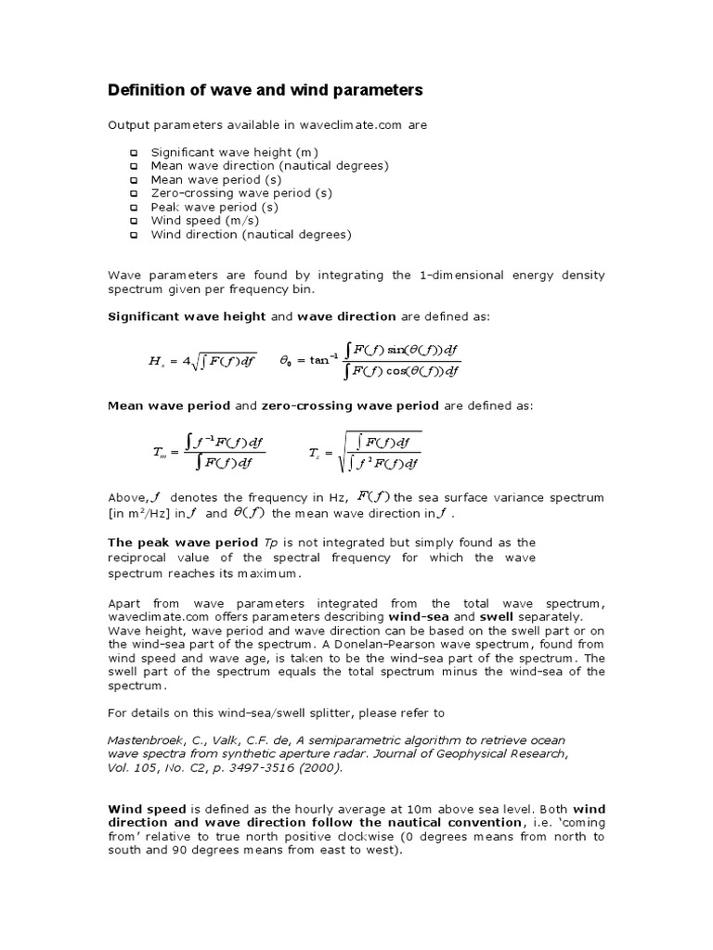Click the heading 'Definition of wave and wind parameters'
(x=266, y=90)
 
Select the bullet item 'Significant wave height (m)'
(x=235, y=151)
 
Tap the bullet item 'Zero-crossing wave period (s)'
(x=241, y=193)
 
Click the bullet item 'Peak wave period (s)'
(x=214, y=207)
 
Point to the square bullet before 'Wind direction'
(x=134, y=236)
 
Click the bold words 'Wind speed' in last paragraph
(x=142, y=808)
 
